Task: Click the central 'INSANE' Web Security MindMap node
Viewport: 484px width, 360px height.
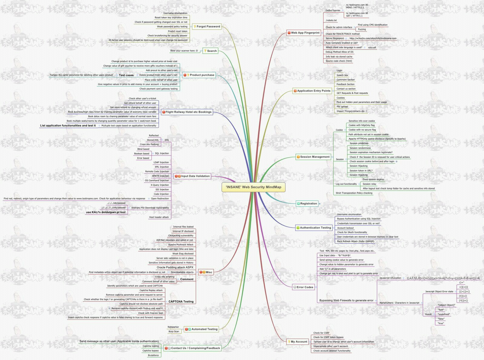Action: pos(253,187)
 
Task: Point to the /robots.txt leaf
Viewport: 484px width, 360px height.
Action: pos(331,21)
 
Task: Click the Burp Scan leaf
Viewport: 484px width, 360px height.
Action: pos(174,332)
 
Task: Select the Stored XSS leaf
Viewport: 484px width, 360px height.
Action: pos(152,140)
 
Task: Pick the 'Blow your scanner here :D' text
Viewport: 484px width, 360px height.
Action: pos(184,51)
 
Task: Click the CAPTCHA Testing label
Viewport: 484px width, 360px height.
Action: pos(181,302)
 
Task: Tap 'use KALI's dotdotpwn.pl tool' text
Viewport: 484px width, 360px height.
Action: pos(106,212)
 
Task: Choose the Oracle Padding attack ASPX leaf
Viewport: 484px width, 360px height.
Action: pos(175,267)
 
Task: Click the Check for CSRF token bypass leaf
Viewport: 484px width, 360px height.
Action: pos(328,337)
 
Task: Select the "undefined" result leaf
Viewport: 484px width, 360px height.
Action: pos(444,314)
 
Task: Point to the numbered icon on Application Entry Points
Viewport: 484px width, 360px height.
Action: pos(295,91)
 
